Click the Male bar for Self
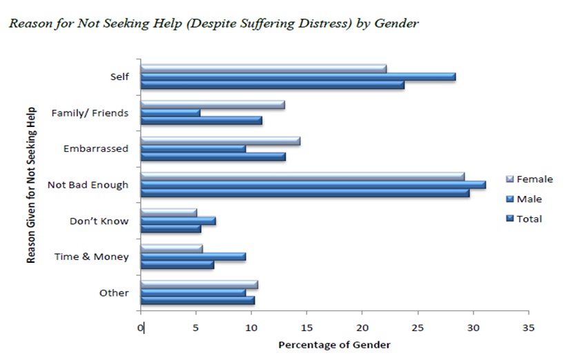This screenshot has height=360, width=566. pos(297,77)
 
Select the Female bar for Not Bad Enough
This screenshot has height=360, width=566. pos(302,176)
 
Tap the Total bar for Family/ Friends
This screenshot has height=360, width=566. pos(201,121)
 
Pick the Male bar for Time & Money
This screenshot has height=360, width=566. pos(193,256)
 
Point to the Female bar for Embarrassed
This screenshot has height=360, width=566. pos(219,140)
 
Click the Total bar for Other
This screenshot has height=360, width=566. pos(197,300)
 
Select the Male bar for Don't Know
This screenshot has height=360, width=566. pos(178,221)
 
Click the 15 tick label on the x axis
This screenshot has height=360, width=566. pos(307,328)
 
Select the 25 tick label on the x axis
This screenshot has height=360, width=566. pos(418,328)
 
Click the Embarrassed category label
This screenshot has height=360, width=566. pos(96,148)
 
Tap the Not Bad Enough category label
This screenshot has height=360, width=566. pos(88,184)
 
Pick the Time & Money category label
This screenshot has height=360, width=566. pos(92,257)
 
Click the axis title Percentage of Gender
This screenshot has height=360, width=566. pos(334,344)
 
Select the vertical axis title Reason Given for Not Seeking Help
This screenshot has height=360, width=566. pos(32,184)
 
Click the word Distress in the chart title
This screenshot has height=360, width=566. pos(306,23)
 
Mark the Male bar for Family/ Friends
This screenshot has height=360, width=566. pos(170,112)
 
